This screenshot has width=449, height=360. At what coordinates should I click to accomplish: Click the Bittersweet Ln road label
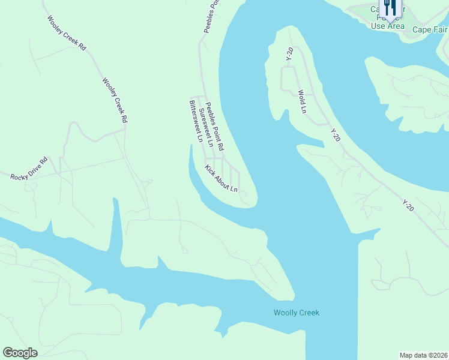pyautogui.click(x=196, y=120)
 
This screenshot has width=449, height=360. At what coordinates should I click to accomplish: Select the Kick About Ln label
pyautogui.click(x=221, y=179)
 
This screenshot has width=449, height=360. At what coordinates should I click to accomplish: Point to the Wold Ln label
pyautogui.click(x=303, y=102)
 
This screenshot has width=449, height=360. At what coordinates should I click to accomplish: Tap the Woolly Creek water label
pyautogui.click(x=297, y=313)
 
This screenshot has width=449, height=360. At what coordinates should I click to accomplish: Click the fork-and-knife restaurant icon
pyautogui.click(x=390, y=8)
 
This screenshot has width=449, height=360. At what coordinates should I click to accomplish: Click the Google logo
pyautogui.click(x=20, y=353)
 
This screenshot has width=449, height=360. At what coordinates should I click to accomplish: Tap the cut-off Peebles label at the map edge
pyautogui.click(x=206, y=16)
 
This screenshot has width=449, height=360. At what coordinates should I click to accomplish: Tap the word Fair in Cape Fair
pyautogui.click(x=440, y=29)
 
